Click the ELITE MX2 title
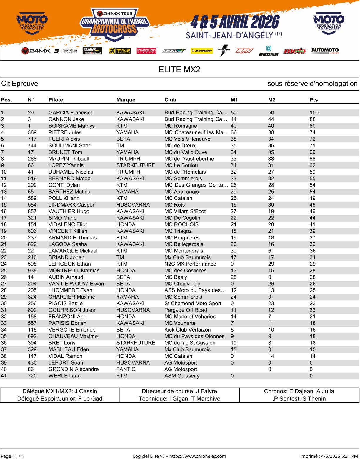coord(179,70)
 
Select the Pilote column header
coord(56,100)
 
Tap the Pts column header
coord(314,100)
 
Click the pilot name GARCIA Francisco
coord(71,113)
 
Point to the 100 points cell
coord(314,113)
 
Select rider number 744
coord(32,146)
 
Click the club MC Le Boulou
coord(181,165)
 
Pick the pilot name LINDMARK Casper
coord(71,205)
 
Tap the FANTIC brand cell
coord(126,369)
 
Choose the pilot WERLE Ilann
coord(64,376)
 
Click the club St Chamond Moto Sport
coord(193,303)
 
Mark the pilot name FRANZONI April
coord(68,317)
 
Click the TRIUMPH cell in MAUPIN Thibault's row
coord(128,159)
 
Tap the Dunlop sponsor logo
coord(201,51)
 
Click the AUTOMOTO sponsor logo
coord(325,51)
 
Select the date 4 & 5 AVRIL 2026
coord(235,22)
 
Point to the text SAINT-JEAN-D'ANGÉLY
coord(229,36)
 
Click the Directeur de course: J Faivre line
coord(179,391)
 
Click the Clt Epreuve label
coord(20,84)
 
